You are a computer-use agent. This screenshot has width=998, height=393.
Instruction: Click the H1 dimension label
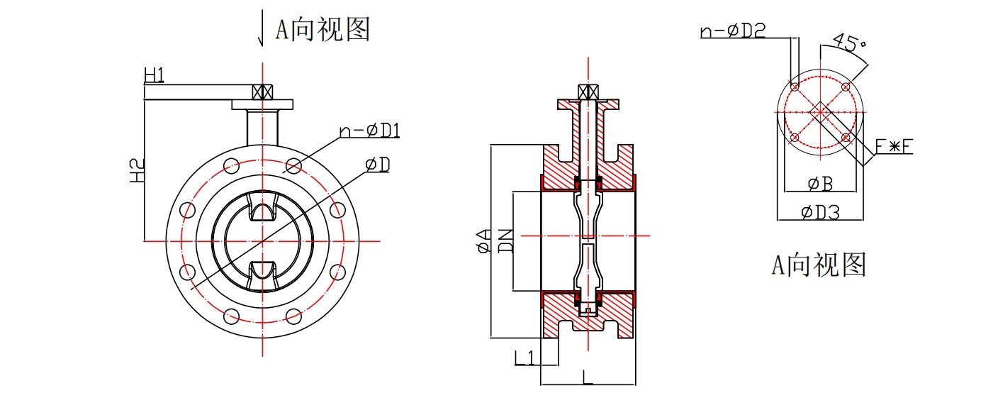point(155,74)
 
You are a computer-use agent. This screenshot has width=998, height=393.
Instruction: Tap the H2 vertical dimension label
point(138,170)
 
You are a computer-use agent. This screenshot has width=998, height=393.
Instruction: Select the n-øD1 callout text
point(370,131)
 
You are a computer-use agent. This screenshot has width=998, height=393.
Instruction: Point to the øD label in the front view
point(378,165)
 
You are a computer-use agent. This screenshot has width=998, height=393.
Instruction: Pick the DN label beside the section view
point(505,240)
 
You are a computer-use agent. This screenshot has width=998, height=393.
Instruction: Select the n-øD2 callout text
point(732,31)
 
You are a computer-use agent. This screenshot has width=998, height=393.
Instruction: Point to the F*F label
point(894,147)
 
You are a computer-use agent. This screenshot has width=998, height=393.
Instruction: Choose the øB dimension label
point(820,184)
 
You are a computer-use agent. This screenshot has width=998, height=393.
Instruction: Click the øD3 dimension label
point(820,211)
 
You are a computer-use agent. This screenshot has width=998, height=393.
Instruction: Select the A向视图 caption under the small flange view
point(819,265)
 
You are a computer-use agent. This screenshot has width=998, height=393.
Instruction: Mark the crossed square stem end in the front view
point(263,92)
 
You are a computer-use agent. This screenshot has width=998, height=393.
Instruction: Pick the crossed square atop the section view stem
point(588,92)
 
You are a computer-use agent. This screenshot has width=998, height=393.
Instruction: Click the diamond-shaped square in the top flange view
point(819,112)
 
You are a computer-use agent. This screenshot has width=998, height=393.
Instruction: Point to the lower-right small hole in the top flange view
point(845,137)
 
